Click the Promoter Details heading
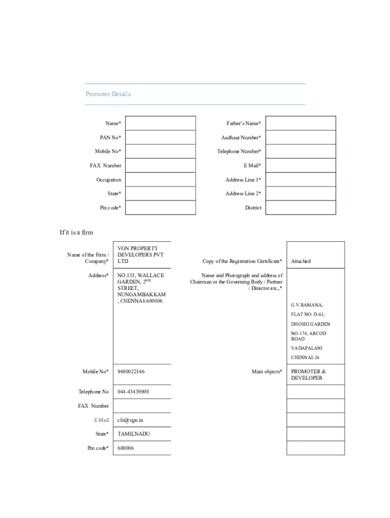point(108,94)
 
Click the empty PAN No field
point(160,138)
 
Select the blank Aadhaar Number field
point(300,138)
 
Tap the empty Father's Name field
point(300,123)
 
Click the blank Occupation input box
point(160,180)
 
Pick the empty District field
point(300,207)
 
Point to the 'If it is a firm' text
point(76,233)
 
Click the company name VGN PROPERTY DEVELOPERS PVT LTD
point(141,255)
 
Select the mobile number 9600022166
point(131,372)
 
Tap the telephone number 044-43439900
point(133,392)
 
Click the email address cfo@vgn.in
point(130,420)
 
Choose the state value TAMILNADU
point(134,434)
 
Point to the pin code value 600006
point(126,448)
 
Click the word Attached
point(301,262)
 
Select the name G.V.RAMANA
point(306,305)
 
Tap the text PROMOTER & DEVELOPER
point(308,375)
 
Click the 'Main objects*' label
point(267,372)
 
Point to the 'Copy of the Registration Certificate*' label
point(242,262)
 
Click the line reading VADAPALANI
point(306,348)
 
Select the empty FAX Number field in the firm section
point(142,406)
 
